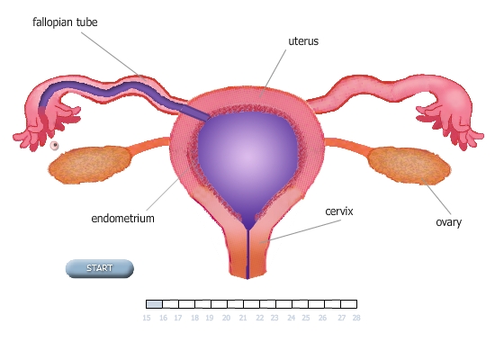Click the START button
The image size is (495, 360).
[x=100, y=268]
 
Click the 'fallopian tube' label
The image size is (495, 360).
[x=65, y=22]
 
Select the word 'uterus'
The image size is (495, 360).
[x=303, y=41]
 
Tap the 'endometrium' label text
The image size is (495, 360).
[x=122, y=218]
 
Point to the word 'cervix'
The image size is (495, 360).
[x=339, y=211]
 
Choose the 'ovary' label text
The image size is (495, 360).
[x=448, y=222]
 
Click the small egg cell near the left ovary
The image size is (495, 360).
[x=55, y=145]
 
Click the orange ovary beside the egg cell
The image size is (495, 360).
[x=90, y=164]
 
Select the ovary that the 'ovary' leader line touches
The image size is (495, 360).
[x=409, y=166]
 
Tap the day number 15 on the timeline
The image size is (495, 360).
[x=147, y=318]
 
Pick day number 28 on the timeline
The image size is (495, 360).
[x=356, y=318]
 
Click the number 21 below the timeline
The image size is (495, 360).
[x=243, y=318]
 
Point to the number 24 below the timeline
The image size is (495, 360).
[x=291, y=318]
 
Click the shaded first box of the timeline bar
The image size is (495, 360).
[x=155, y=304]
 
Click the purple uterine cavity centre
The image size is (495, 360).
[x=247, y=157]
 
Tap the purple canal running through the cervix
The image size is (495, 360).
[x=247, y=254]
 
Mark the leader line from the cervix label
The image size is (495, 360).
[x=301, y=231]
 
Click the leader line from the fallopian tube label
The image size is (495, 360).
[x=114, y=56]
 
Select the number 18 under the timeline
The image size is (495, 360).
[x=194, y=318]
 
